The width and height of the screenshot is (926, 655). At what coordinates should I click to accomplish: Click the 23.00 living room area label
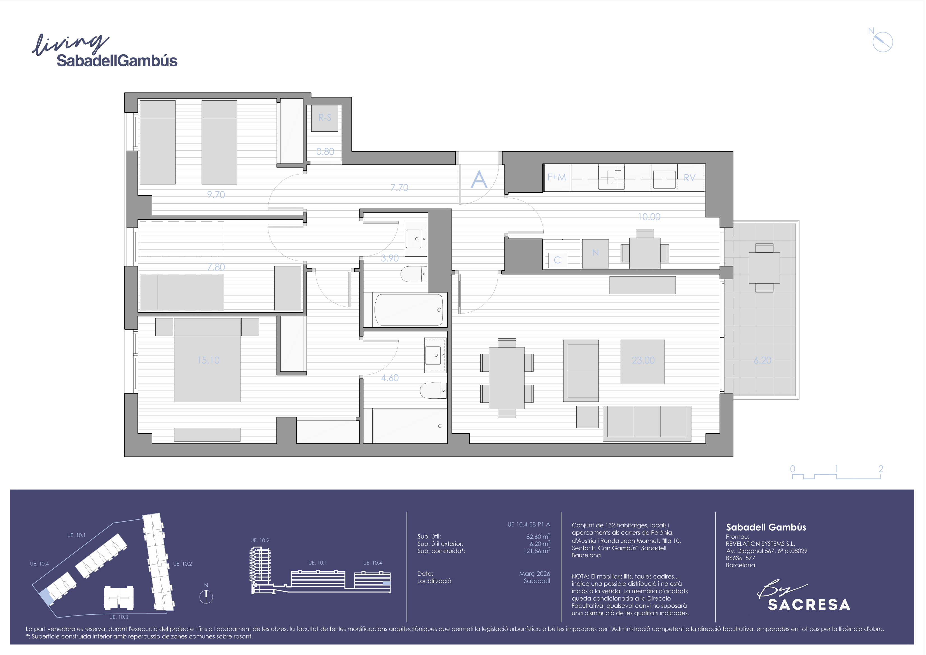click(643, 360)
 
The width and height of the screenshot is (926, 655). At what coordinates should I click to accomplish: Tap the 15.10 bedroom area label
click(208, 360)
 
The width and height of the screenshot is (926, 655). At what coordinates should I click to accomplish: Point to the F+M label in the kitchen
click(556, 177)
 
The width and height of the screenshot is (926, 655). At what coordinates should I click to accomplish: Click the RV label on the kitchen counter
click(690, 178)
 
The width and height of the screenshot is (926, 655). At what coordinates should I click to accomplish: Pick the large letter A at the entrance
click(479, 179)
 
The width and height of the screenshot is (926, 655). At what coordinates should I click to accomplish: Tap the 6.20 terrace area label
click(762, 360)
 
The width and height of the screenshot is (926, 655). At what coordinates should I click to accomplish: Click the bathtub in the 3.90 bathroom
click(409, 310)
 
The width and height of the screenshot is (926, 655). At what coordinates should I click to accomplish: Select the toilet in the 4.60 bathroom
click(433, 390)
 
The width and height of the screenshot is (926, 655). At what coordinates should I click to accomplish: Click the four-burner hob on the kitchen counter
click(611, 177)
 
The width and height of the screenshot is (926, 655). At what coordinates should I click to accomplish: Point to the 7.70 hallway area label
click(399, 188)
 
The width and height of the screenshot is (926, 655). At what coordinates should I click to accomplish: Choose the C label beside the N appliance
click(557, 260)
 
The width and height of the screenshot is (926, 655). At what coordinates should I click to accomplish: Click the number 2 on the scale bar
click(881, 468)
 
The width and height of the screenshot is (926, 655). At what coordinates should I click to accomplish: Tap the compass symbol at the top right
click(882, 42)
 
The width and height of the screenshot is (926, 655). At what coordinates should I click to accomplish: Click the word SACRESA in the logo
click(809, 605)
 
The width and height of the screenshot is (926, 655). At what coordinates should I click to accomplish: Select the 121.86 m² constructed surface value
click(537, 551)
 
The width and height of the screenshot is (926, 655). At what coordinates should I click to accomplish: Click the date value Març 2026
click(534, 574)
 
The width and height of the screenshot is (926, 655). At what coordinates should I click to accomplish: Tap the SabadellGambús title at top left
click(117, 61)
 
